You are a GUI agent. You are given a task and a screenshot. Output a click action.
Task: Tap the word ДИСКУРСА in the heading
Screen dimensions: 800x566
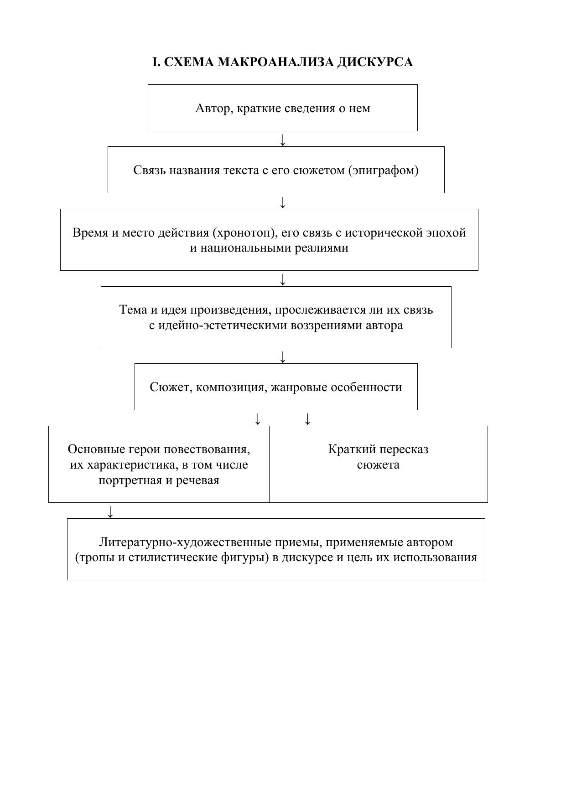click(375, 62)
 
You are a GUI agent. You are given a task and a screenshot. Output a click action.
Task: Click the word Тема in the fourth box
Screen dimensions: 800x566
click(133, 310)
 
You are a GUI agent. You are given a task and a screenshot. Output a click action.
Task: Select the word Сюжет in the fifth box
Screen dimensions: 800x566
click(166, 387)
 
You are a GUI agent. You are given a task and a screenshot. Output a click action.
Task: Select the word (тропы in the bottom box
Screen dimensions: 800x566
click(94, 557)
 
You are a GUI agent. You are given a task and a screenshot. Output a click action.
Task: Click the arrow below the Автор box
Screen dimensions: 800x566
click(283, 139)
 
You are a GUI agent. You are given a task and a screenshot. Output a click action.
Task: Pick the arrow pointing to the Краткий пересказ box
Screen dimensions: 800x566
click(308, 418)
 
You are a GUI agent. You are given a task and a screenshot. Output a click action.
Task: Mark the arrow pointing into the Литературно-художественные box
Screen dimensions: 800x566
click(110, 511)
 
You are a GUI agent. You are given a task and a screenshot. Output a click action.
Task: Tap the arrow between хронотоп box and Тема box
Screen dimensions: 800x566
click(283, 279)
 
